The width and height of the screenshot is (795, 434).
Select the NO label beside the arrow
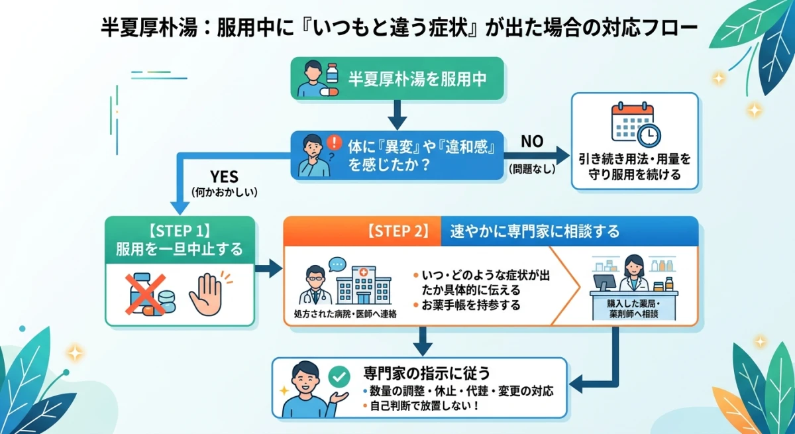click(532, 141)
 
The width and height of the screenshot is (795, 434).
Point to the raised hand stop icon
click(207, 294)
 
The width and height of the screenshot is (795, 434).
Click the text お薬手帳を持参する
click(466, 305)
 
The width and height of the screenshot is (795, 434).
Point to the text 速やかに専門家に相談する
click(535, 231)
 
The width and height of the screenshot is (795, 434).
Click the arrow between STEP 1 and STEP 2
click(269, 268)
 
